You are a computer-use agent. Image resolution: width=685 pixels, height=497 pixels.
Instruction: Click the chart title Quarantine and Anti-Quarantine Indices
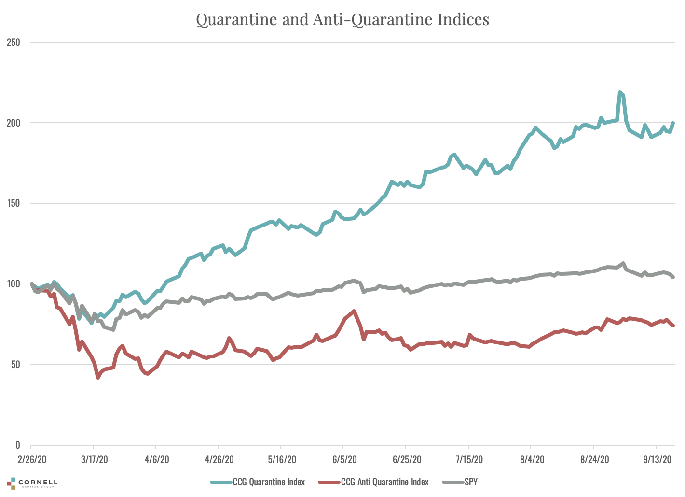342,19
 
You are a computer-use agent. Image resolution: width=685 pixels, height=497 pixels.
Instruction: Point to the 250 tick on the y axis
14,42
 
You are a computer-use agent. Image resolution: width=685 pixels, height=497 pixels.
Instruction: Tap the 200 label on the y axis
14,123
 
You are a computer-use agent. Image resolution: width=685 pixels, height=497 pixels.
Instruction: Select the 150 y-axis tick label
14,203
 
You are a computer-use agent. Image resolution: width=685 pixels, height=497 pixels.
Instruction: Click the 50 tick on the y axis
15,365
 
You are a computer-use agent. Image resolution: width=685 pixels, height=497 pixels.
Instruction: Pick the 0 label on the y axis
17,445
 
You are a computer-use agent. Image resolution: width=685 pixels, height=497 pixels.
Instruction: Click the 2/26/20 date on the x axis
31,459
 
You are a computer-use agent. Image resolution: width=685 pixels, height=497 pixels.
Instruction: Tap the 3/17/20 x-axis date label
94,459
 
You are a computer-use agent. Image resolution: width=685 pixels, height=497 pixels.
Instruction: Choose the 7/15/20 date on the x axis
468,459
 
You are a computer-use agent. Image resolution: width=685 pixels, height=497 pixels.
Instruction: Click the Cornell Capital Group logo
32,483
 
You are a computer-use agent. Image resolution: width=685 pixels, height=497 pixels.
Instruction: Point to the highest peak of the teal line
620,92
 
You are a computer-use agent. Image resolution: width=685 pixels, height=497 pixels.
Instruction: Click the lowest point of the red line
98,377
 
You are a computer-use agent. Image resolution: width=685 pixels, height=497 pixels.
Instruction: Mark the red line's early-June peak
355,311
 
